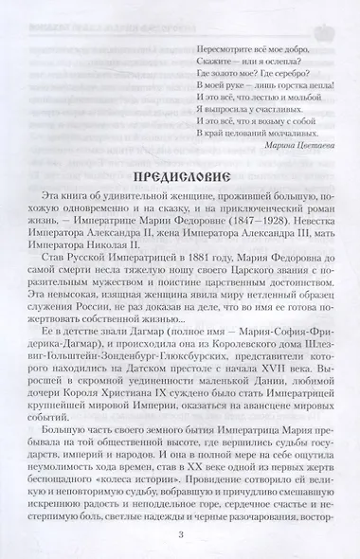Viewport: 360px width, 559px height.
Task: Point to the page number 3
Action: pyautogui.click(x=179, y=532)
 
